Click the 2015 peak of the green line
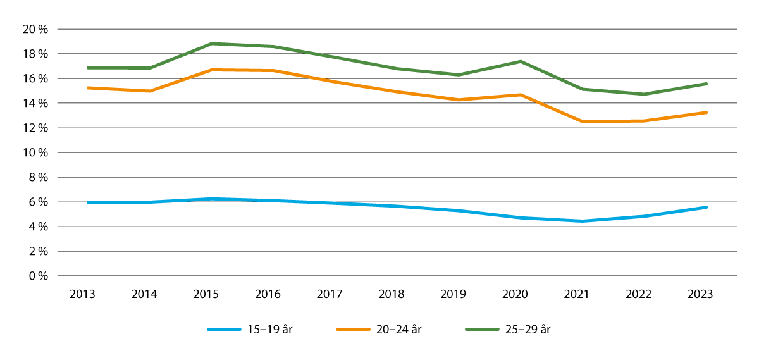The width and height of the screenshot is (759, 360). pyautogui.click(x=211, y=44)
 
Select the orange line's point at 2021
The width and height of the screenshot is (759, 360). pyautogui.click(x=583, y=121)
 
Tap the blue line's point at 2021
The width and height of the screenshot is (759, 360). pyautogui.click(x=583, y=221)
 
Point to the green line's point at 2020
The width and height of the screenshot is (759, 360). pyautogui.click(x=521, y=61)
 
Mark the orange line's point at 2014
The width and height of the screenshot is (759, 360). pyautogui.click(x=150, y=91)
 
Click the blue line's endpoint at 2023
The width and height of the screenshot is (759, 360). pyautogui.click(x=707, y=207)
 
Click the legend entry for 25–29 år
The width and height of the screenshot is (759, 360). pyautogui.click(x=505, y=329)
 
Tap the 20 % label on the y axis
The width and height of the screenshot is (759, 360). pyautogui.click(x=34, y=29)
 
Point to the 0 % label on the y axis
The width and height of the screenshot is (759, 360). pyautogui.click(x=37, y=276)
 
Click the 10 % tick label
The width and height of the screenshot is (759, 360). pyautogui.click(x=34, y=152)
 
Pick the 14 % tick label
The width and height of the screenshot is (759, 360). pyautogui.click(x=34, y=103)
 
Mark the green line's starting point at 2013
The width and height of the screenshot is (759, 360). pyautogui.click(x=88, y=68)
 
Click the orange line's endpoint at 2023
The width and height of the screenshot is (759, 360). pyautogui.click(x=707, y=113)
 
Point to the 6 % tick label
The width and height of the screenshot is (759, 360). pyautogui.click(x=37, y=202)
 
